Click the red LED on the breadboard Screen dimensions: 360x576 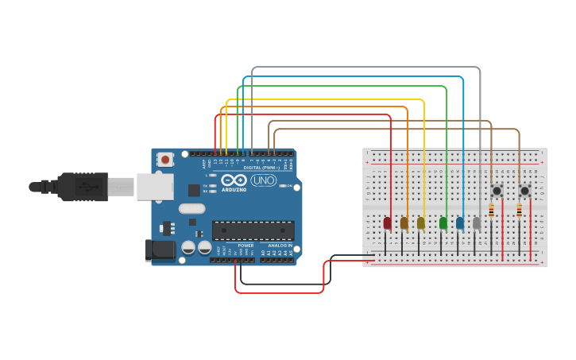coord(387,223)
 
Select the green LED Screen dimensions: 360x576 coord(443,223)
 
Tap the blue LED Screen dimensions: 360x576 coord(459,223)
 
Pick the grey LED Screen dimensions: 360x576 coord(477,223)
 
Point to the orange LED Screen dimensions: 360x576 coord(404,223)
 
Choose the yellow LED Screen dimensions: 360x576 coord(420,223)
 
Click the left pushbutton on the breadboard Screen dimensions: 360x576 coord(497,191)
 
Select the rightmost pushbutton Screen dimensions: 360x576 coord(524,191)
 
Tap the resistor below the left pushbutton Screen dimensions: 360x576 coord(491,211)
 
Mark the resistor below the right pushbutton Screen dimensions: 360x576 coord(520,211)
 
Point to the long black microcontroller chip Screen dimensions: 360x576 coord(253,230)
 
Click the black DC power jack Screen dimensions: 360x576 coord(160,250)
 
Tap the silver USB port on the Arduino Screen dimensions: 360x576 coord(154,187)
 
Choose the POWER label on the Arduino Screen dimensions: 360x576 coord(245,246)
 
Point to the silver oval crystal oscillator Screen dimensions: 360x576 coord(191,209)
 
